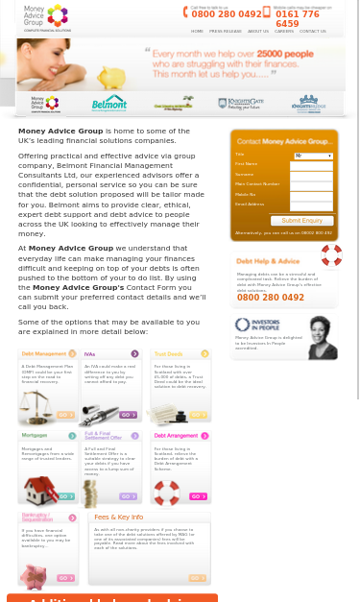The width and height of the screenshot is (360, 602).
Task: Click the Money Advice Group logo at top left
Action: (47, 17)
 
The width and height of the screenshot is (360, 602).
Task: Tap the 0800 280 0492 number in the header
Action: (226, 14)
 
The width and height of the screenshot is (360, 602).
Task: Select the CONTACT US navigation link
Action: (312, 32)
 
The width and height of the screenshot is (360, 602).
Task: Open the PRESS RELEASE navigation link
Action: (226, 32)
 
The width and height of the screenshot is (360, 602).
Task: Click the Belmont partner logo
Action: (108, 103)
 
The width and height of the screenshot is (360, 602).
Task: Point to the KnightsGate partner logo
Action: (240, 103)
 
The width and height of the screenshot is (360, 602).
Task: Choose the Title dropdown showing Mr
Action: (313, 156)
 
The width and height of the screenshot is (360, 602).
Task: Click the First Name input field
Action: (311, 165)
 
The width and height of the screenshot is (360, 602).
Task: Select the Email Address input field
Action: (311, 205)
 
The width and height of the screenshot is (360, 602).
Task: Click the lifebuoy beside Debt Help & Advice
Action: (331, 255)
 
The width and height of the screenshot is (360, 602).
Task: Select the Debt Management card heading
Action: (44, 354)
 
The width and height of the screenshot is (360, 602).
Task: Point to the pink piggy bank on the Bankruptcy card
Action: (35, 575)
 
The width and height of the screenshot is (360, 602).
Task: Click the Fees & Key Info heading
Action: (118, 517)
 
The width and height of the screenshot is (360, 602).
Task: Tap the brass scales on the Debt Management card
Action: (35, 405)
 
